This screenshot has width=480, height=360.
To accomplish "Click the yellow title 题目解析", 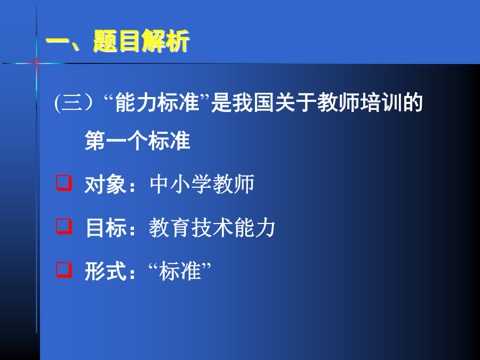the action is point(141,41).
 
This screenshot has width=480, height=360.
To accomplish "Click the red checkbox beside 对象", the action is point(64,183).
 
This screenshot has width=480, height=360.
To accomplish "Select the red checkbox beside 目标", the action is point(64,227).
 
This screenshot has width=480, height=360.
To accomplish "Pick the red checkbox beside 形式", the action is point(64,270).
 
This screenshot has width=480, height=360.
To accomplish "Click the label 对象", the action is point(105,185).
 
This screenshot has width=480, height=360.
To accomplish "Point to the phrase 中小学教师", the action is point(202,185).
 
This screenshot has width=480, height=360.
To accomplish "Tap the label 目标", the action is point(106,228).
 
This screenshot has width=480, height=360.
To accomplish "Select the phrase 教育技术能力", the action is point(212,228).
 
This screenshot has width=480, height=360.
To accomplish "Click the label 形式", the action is point(105,271).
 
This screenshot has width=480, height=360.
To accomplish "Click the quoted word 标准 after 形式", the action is point(180,271).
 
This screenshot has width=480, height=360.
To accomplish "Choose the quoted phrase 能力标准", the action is point(157,102).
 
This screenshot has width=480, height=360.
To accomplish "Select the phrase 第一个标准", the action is point(137,140).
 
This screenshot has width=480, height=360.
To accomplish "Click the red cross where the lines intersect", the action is point(36,63).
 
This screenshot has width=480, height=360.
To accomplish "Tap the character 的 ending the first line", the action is point(412,102).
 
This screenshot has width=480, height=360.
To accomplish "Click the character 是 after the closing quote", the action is point(221,102).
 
